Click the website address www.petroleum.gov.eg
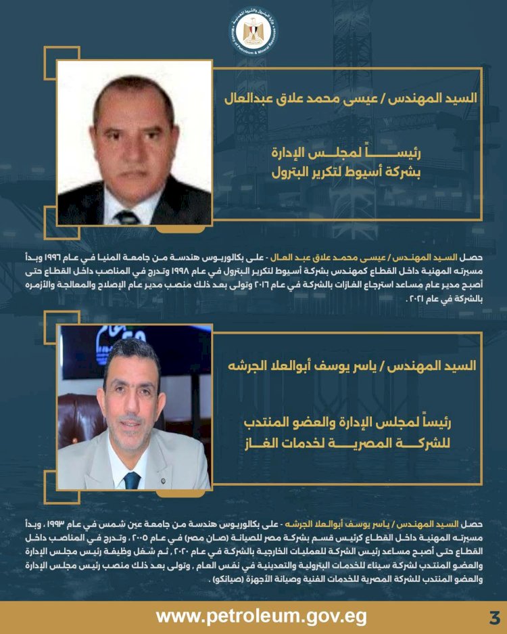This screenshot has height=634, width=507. point(262,616)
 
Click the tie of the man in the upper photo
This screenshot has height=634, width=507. point(126,217)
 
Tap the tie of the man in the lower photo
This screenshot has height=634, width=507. point(132,480)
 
